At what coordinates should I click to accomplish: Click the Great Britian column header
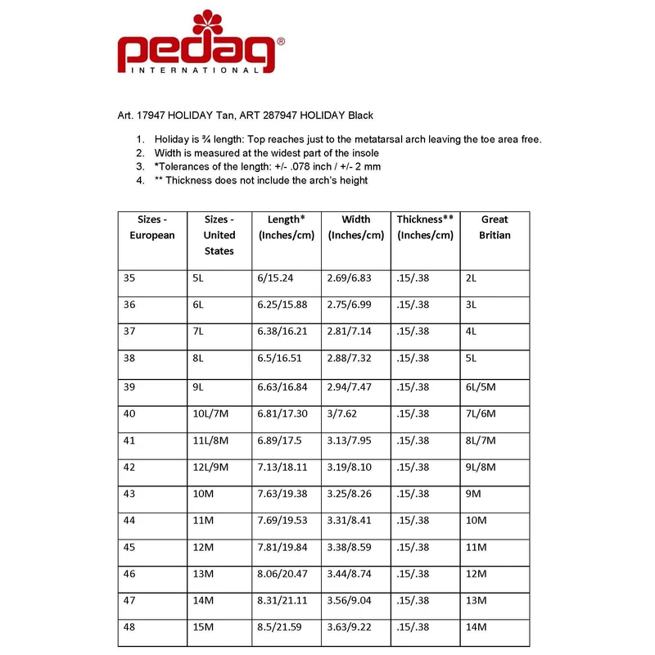495,228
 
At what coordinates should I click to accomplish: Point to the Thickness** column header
425,228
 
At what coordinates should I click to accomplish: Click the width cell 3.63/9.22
351,628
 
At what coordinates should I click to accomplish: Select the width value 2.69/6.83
351,278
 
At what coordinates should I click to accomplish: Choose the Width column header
356,228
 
